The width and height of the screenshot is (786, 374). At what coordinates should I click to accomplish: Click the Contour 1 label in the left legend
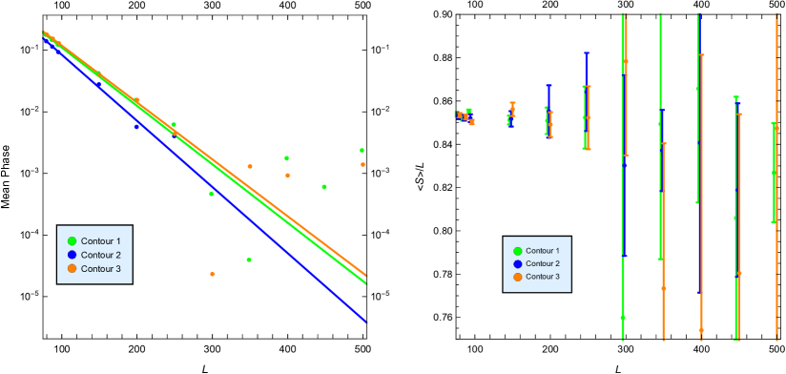[100, 241]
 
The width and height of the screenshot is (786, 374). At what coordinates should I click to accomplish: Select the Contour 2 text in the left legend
[100, 255]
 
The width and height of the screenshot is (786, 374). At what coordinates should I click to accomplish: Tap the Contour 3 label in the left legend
[100, 269]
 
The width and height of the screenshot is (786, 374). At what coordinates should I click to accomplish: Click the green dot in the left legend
[72, 241]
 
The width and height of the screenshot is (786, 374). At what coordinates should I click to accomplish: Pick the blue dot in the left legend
[72, 255]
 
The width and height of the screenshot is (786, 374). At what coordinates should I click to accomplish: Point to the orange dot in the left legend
[72, 269]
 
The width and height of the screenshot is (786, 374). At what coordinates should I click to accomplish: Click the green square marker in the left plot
[362, 150]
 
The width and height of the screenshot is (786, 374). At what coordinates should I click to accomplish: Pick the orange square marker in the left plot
[362, 164]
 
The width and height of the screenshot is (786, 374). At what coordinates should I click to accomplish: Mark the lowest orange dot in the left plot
[212, 274]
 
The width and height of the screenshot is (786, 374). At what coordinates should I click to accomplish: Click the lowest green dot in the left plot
[249, 260]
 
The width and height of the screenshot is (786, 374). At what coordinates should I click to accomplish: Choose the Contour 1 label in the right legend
[542, 251]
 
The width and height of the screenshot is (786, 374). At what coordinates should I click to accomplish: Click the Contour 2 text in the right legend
[542, 263]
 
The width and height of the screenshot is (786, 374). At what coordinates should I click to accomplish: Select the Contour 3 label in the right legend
[542, 277]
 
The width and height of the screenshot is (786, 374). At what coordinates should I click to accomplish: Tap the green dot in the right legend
[518, 251]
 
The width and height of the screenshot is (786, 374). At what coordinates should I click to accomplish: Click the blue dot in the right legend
[518, 263]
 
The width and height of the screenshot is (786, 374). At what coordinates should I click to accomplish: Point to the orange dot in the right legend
[518, 277]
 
